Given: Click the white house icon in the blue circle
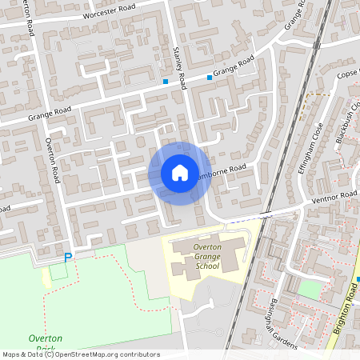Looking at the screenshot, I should (x=179, y=173).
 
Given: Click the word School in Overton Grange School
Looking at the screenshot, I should (x=206, y=266).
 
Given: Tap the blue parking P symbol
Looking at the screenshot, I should (x=67, y=258).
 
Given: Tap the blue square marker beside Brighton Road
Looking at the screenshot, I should (x=358, y=278).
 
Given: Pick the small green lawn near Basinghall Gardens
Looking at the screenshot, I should (x=310, y=290).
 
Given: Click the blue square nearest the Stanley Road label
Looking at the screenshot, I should (x=165, y=82).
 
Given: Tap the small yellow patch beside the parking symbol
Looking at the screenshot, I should (x=57, y=270).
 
